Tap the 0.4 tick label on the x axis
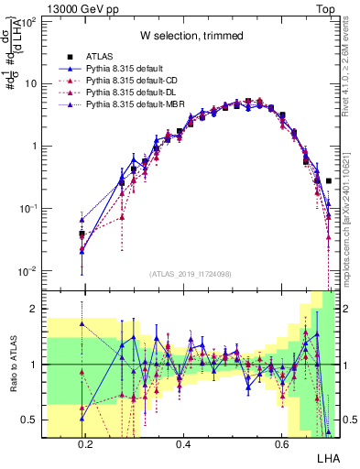[183, 444]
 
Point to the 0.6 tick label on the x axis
[281, 444]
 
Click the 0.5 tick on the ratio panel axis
[30, 420]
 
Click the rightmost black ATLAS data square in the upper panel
[328, 181]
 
